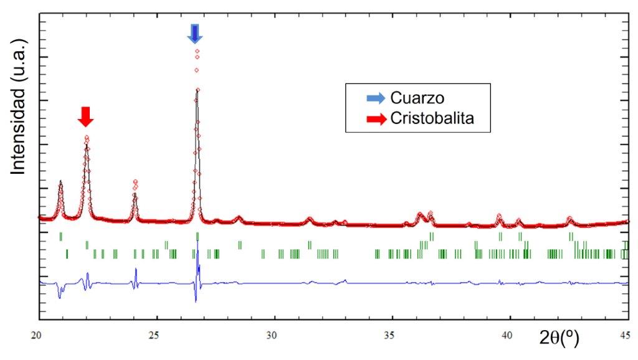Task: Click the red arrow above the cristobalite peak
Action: [x=86, y=115]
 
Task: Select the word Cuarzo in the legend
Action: [x=417, y=98]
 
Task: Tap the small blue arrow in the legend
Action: [x=376, y=98]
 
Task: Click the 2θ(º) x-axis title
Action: [x=559, y=338]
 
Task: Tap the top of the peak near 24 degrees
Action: [x=135, y=181]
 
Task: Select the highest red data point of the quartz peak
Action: [x=198, y=50]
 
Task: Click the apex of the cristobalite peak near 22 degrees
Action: [x=87, y=137]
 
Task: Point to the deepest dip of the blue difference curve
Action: [x=196, y=301]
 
